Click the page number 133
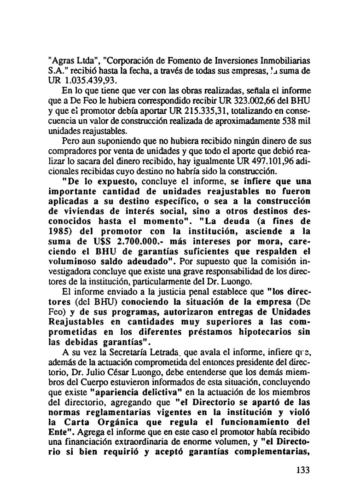pyautogui.click(x=302, y=471)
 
